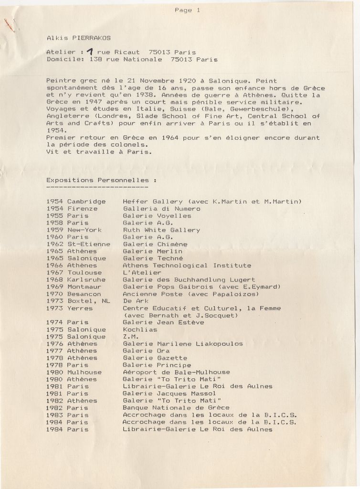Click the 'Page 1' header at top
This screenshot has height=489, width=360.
187,10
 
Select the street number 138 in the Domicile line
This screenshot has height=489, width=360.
95,60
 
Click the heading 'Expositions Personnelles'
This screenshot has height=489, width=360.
101,181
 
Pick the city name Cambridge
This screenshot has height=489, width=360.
86,202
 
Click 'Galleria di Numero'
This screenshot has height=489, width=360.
161,209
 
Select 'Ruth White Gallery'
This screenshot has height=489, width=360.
161,230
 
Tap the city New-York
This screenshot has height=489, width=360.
85,230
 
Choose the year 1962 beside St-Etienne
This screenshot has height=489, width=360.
54,244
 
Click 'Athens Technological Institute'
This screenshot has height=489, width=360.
187,266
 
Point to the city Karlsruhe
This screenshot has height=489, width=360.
86,280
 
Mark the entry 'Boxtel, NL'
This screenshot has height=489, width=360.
88,301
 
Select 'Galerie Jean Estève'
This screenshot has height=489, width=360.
163,322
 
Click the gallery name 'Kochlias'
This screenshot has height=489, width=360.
140,330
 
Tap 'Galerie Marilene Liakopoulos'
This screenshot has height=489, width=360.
183,344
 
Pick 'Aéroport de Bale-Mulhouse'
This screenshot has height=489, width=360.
176,372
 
